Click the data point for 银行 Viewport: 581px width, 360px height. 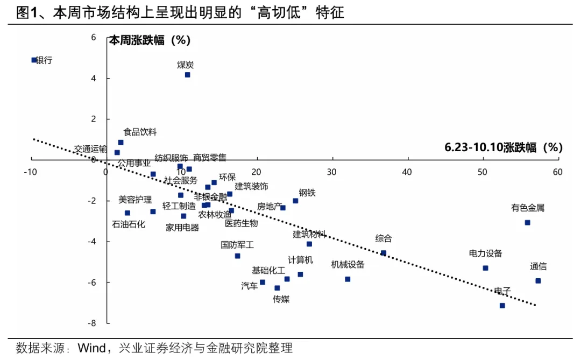[34, 60]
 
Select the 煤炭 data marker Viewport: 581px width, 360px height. [187, 75]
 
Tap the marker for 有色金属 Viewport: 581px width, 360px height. [527, 222]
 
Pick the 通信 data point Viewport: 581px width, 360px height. [537, 281]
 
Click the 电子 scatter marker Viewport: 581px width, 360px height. [502, 305]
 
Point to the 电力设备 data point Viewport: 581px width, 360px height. [485, 268]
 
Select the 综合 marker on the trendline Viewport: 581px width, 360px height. [383, 252]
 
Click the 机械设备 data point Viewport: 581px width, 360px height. [348, 279]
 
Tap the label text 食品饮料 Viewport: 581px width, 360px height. [140, 132]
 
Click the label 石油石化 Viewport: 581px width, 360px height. [128, 224]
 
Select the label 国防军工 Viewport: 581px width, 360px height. [237, 245]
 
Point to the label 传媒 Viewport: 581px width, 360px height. [281, 299]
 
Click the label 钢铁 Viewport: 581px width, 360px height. [307, 193]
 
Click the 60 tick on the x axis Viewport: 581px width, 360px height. [557, 172]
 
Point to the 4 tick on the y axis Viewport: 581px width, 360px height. [94, 79]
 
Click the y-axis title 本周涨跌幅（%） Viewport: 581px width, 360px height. [150, 40]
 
